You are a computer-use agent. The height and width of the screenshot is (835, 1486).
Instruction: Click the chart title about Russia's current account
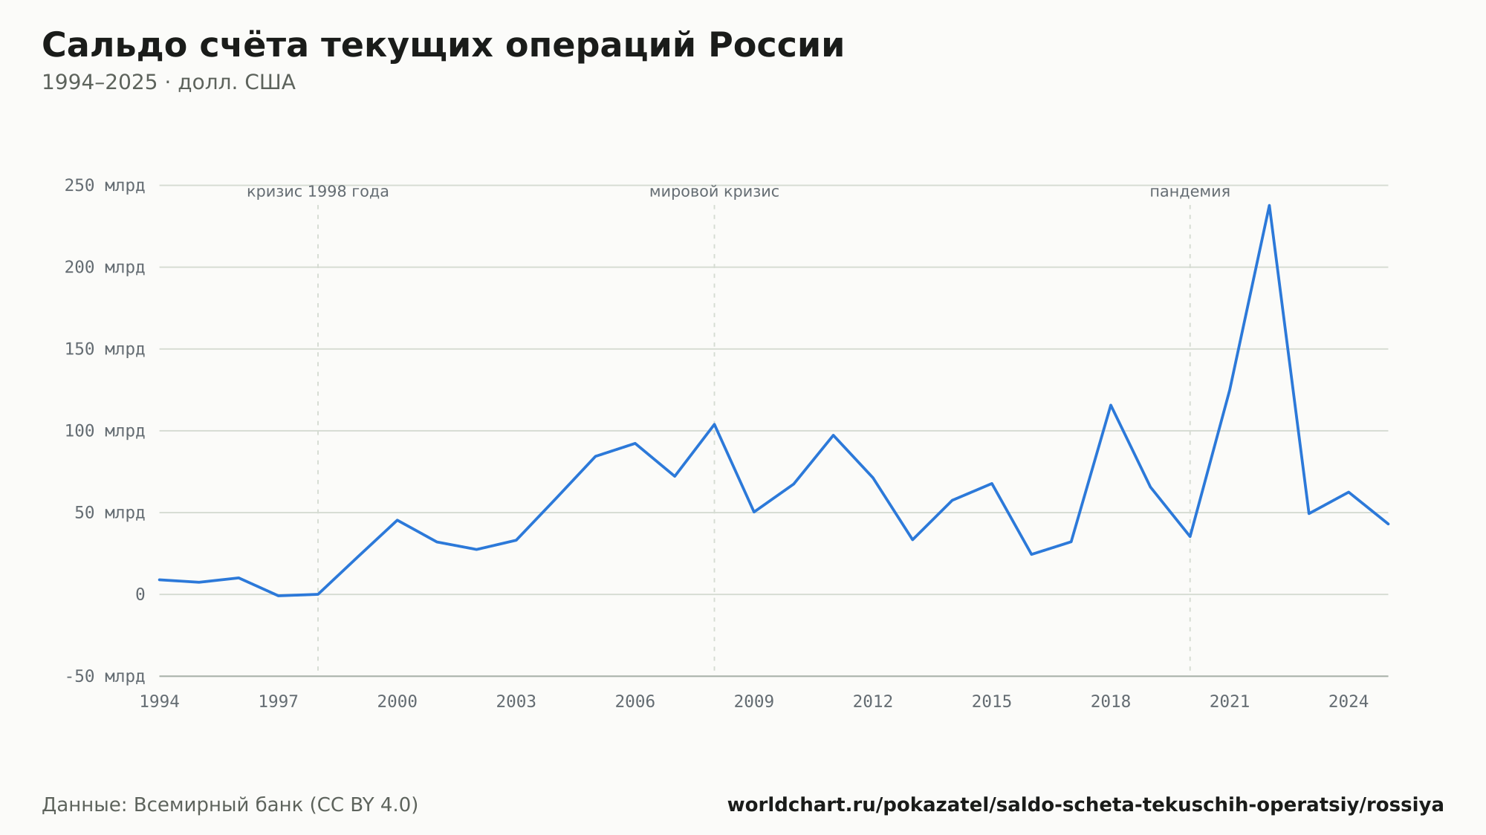pyautogui.click(x=443, y=46)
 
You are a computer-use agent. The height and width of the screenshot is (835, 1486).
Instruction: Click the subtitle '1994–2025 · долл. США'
pyautogui.click(x=169, y=82)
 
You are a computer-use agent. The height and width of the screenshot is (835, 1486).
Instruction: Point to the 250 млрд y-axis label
pyautogui.click(x=105, y=186)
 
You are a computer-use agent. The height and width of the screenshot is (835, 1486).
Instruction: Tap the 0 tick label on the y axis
pyautogui.click(x=140, y=594)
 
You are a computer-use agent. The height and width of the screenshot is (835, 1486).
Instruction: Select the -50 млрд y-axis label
pyautogui.click(x=105, y=676)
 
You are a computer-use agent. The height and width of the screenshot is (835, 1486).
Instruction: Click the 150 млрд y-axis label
pyautogui.click(x=105, y=349)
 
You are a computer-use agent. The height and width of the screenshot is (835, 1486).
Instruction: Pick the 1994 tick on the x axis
pyautogui.click(x=160, y=702)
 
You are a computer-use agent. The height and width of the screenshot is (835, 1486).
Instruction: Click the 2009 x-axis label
pyautogui.click(x=754, y=702)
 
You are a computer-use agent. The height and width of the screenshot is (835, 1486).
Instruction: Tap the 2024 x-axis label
pyautogui.click(x=1349, y=702)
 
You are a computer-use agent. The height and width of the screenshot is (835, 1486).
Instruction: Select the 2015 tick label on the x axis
pyautogui.click(x=992, y=702)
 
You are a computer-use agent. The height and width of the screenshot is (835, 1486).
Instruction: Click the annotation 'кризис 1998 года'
pyautogui.click(x=318, y=192)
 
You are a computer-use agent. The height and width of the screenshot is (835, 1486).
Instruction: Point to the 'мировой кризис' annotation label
pyautogui.click(x=715, y=192)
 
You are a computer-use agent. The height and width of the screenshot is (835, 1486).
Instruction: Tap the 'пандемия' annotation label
pyautogui.click(x=1190, y=192)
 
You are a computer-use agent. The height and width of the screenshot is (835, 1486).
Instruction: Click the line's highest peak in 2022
pyautogui.click(x=1269, y=205)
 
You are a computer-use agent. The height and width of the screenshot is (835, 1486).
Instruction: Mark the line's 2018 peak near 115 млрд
pyautogui.click(x=1111, y=405)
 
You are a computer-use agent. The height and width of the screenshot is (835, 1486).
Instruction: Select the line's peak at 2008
pyautogui.click(x=715, y=424)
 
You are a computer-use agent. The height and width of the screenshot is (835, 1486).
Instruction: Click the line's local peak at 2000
pyautogui.click(x=398, y=520)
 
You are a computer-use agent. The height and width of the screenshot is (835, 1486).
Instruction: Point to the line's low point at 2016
pyautogui.click(x=1031, y=554)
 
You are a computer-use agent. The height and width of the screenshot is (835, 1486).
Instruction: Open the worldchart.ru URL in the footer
pyautogui.click(x=1086, y=805)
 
